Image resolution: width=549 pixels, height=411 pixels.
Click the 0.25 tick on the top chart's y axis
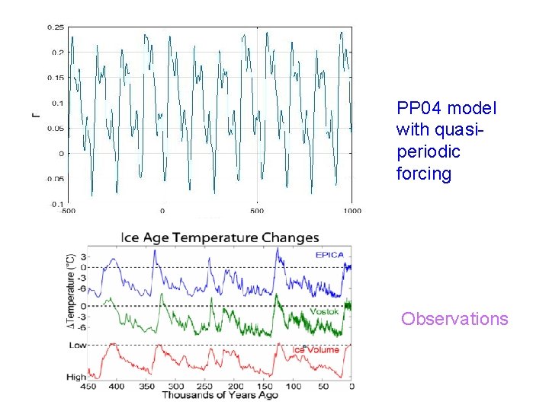click(56, 27)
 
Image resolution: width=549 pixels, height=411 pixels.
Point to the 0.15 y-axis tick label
click(56, 78)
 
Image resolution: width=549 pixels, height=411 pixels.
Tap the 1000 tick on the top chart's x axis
click(352, 211)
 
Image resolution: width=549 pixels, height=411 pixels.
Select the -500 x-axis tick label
click(69, 211)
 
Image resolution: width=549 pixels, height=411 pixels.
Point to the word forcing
click(423, 174)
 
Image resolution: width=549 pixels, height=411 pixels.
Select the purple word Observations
click(454, 318)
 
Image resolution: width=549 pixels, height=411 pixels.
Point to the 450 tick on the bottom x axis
click(88, 386)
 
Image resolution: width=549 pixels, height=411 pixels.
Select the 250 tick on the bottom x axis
click(206, 386)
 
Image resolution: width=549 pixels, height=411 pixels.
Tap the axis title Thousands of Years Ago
click(220, 395)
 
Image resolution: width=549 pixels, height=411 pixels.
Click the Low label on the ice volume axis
click(77, 346)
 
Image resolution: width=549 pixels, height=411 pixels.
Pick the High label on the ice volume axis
click(76, 377)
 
